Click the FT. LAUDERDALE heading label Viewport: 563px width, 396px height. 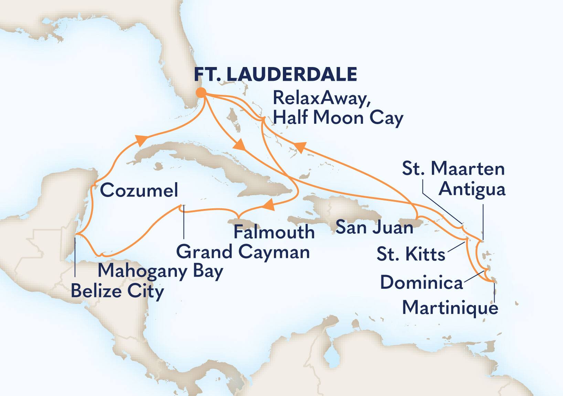point(275,74)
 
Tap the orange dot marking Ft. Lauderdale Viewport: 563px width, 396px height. point(201,92)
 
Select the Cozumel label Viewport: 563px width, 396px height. point(139,190)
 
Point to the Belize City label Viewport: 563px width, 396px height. point(117,291)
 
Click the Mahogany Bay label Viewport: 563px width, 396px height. point(161,271)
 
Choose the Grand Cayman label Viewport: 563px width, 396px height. point(243,252)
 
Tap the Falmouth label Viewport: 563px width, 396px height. point(274,232)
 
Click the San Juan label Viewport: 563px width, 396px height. point(374,227)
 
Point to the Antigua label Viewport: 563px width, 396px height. point(472,189)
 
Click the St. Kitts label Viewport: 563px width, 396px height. point(411,254)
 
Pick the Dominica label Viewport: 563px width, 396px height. point(421,283)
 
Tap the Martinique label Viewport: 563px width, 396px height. point(450,307)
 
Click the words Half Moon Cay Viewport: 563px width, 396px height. point(338,118)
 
